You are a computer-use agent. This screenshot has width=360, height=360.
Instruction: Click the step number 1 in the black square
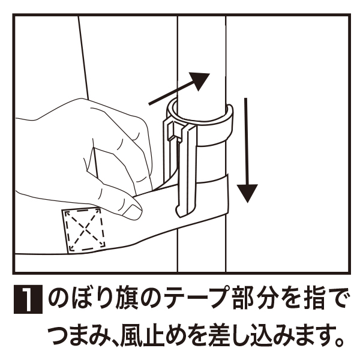click(28, 299)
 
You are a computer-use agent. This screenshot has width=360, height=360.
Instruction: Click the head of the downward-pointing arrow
click(247, 193)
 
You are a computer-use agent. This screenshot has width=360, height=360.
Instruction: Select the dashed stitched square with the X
click(85, 230)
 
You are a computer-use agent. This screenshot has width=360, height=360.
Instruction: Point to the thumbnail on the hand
click(132, 211)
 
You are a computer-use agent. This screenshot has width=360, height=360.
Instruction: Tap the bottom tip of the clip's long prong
click(180, 215)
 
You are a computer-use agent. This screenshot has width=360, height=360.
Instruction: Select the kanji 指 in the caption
click(313, 299)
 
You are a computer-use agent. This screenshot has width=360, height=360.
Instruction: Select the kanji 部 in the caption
click(244, 299)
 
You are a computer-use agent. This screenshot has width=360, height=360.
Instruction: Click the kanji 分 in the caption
click(267, 299)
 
